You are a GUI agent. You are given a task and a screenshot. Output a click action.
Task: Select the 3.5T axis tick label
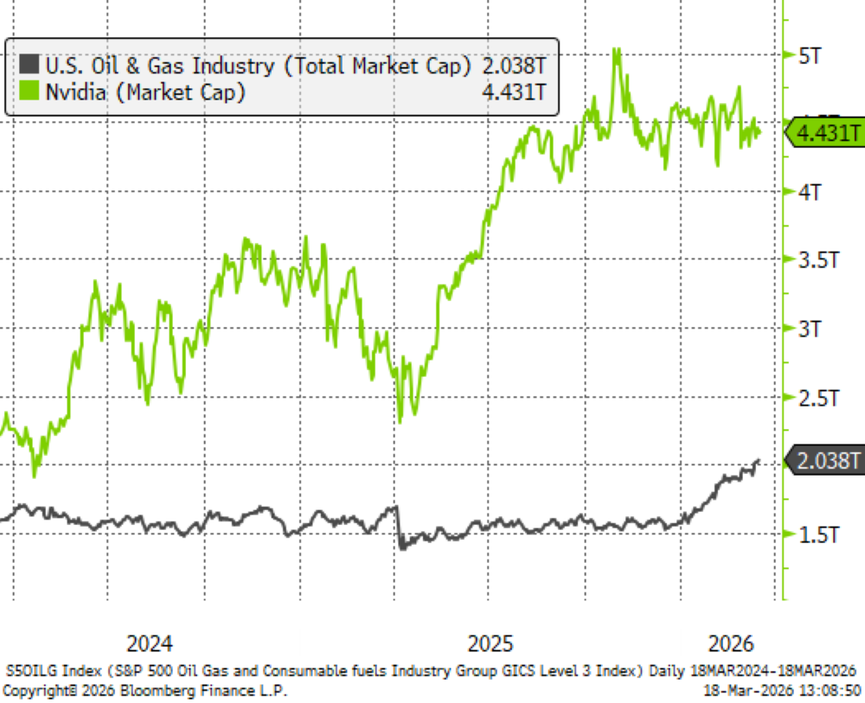click(817, 259)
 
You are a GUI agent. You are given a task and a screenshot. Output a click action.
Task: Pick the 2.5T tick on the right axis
click(817, 398)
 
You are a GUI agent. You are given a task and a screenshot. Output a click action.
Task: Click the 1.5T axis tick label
click(817, 534)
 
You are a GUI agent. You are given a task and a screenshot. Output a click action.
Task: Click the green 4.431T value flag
click(825, 133)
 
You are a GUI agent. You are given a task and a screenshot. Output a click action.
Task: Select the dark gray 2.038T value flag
click(825, 463)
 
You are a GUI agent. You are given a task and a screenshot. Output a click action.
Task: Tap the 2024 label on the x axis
click(149, 644)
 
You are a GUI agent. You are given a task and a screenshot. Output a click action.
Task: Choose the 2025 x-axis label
click(490, 644)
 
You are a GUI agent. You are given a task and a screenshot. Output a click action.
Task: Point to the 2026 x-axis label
click(731, 644)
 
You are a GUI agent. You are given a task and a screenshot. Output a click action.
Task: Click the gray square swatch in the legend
click(29, 64)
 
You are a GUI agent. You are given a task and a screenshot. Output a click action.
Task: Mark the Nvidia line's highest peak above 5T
click(616, 49)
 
